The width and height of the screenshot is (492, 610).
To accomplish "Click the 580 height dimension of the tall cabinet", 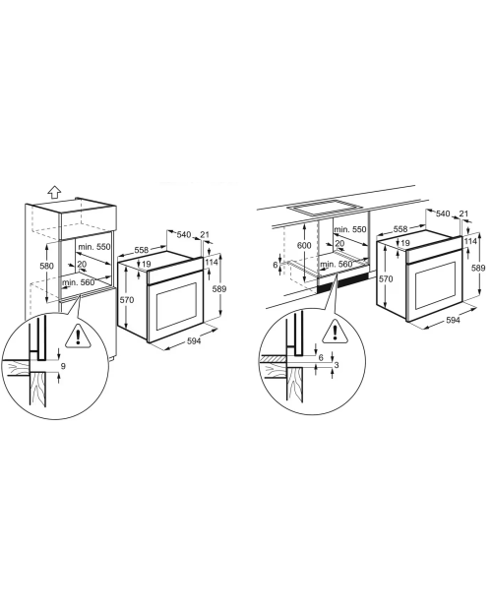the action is [x=46, y=266].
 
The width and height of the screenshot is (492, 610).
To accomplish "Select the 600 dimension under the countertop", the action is [x=304, y=246].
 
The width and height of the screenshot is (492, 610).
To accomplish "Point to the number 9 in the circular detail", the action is [x=63, y=366].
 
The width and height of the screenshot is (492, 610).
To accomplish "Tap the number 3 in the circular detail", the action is [x=337, y=365].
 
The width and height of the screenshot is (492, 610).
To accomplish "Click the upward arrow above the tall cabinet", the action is [x=55, y=192].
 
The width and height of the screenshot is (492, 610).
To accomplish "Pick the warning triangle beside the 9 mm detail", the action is [x=79, y=335].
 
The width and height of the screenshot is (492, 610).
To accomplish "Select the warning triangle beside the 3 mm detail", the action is [x=335, y=332].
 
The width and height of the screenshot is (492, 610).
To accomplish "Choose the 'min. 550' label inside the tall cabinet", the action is [x=94, y=247].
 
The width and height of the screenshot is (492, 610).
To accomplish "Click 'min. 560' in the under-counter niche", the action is [x=337, y=264].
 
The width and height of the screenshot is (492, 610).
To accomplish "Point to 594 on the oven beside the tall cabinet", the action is [x=194, y=340].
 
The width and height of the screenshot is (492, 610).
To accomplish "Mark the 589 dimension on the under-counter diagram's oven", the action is [x=479, y=268].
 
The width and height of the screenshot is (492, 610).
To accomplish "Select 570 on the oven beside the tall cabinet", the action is [x=126, y=300].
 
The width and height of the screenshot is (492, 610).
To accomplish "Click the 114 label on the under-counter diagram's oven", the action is [x=470, y=241].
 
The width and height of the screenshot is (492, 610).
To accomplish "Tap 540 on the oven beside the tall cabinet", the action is [x=184, y=234].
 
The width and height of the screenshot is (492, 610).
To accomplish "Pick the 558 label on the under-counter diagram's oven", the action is [x=400, y=229].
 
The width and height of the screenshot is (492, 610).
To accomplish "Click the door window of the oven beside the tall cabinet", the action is [x=177, y=305].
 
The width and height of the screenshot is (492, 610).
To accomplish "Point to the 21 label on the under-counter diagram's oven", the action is [x=463, y=213].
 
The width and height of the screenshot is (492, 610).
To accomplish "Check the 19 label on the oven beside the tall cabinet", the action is [x=147, y=264].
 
